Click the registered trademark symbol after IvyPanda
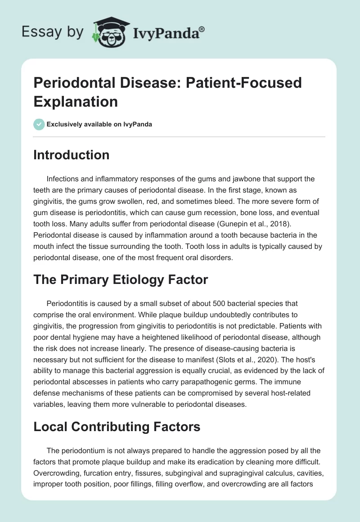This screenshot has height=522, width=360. pos(202,29)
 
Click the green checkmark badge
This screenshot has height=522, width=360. pos(39,124)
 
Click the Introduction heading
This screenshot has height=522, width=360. pos(71,155)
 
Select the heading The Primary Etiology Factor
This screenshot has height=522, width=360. pos(121,279)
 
